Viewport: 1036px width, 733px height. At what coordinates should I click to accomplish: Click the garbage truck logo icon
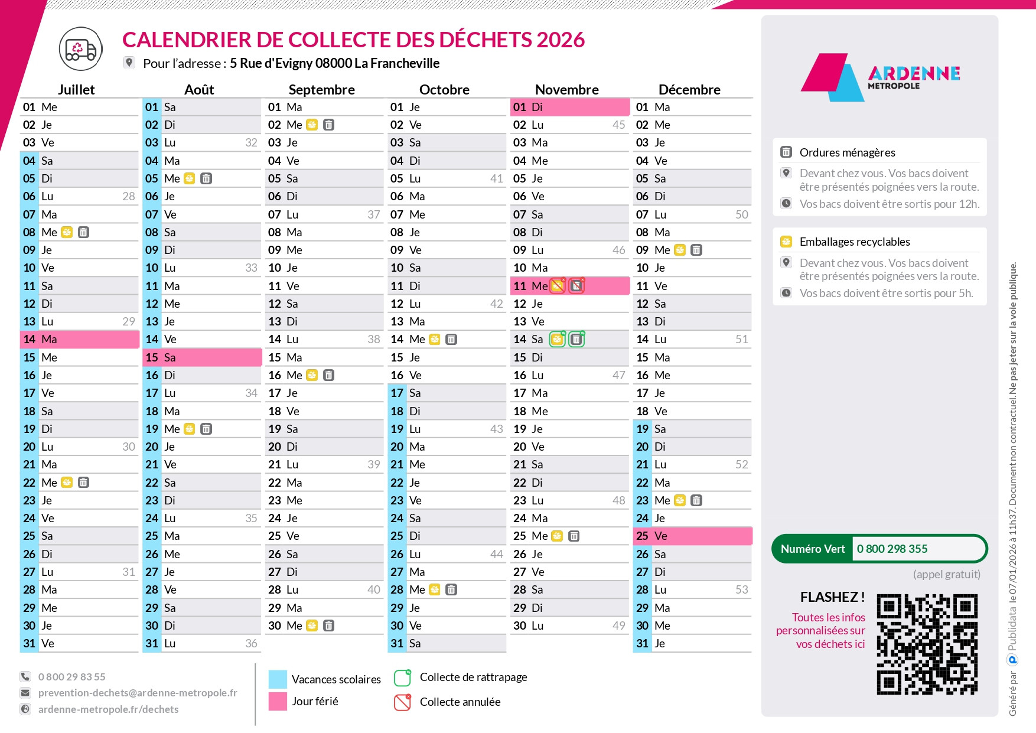81,49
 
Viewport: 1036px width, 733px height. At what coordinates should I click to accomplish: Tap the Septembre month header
321,90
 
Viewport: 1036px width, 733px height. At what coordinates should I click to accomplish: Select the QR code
927,644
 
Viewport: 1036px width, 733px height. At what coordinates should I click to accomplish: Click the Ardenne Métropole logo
880,77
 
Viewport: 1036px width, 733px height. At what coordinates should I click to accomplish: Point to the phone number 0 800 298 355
892,549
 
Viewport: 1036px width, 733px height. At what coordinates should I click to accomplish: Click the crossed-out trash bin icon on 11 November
576,286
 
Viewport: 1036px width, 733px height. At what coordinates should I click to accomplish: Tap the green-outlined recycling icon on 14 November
557,339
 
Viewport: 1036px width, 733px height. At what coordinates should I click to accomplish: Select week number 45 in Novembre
618,125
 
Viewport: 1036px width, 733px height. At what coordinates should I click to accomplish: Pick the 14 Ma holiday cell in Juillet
80,339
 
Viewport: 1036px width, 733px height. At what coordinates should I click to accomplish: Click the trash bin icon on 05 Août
206,178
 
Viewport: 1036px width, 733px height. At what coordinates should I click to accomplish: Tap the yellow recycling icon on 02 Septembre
312,125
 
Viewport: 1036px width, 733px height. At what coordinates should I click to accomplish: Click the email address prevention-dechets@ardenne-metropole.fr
138,693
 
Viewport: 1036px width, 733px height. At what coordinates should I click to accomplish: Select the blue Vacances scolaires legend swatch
278,679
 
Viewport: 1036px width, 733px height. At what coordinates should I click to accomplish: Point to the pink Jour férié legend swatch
278,701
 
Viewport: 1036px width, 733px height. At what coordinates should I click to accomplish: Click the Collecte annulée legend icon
402,702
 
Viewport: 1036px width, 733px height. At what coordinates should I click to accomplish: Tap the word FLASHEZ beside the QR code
828,597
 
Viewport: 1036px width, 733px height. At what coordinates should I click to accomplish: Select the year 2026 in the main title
561,40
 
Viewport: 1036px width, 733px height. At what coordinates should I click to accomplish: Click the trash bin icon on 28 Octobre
451,589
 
